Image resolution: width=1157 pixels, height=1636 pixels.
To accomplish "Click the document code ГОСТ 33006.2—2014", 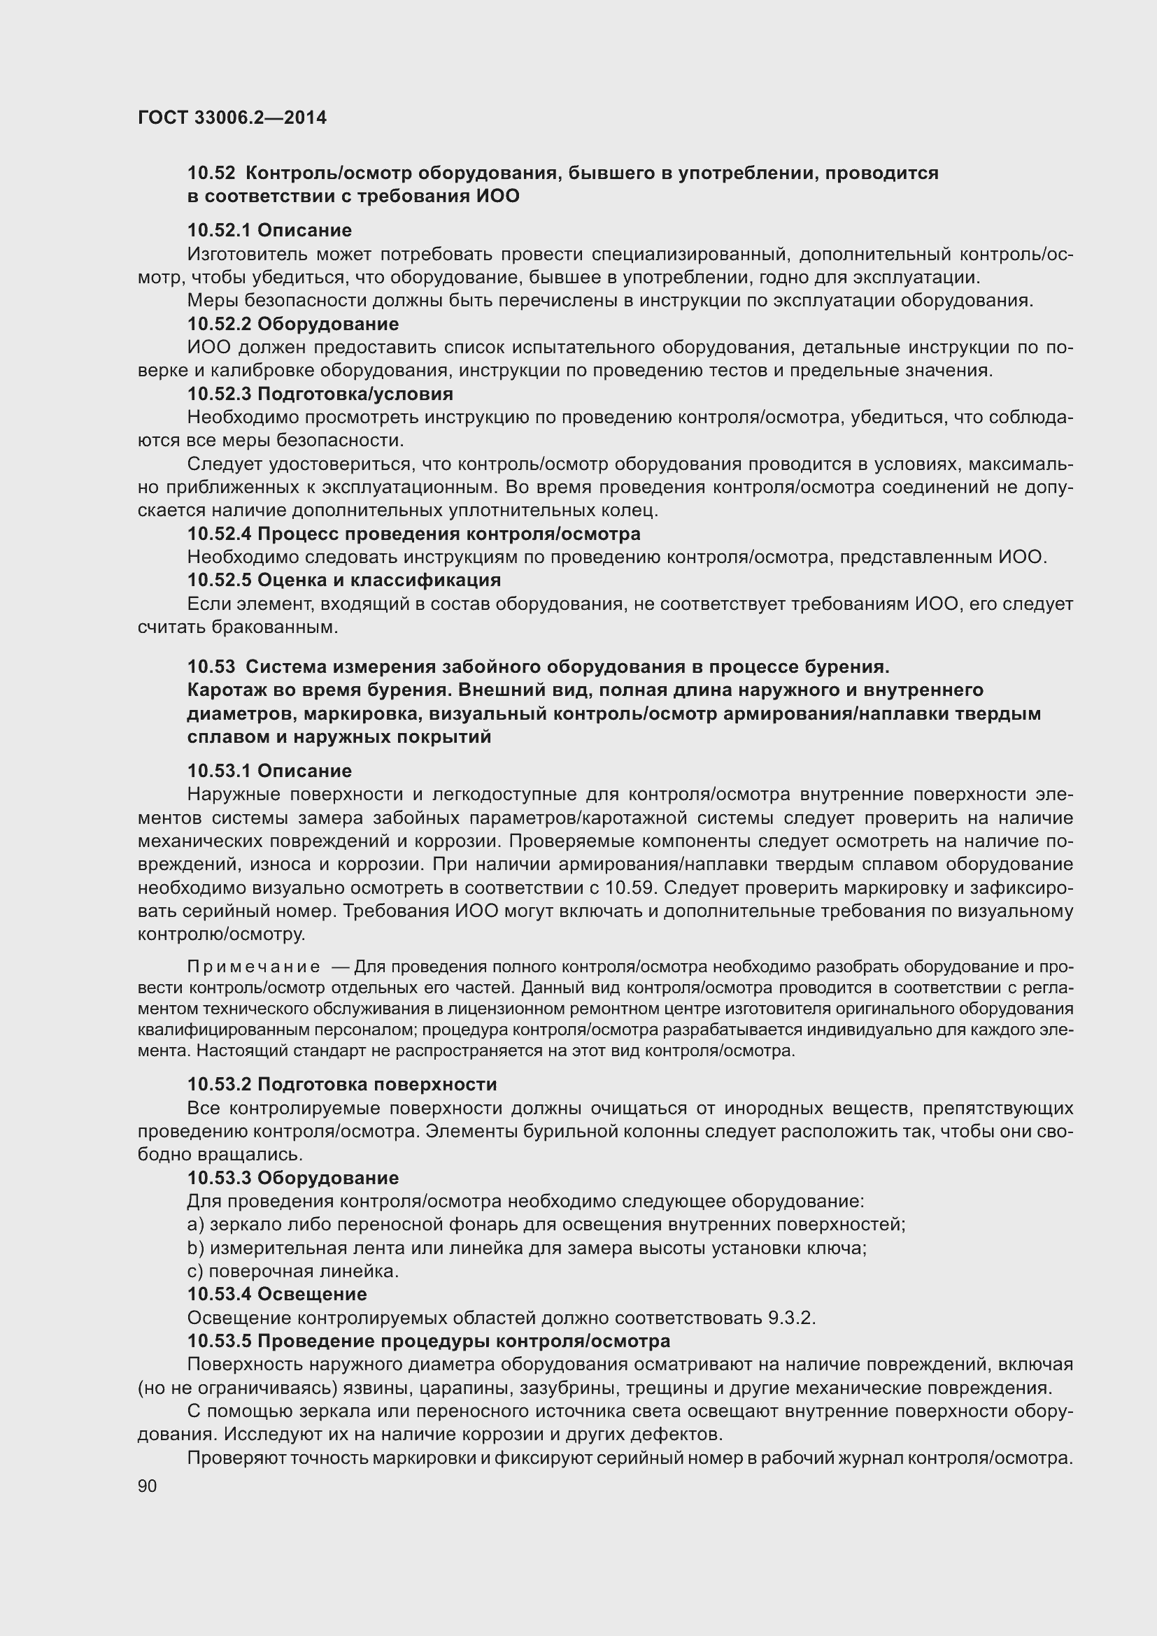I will [232, 118].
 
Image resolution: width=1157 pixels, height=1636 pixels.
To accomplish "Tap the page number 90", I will [148, 1486].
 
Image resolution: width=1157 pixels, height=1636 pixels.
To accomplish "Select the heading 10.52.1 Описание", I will [269, 230].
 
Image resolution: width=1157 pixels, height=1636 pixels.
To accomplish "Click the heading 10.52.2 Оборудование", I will [293, 325].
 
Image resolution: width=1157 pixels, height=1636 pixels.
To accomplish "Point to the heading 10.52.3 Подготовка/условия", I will [320, 394].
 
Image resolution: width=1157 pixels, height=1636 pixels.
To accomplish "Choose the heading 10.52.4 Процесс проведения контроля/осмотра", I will [413, 534].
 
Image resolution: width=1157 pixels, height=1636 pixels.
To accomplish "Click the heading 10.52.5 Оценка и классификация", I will [344, 580].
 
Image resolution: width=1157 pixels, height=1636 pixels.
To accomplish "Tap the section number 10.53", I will [211, 667].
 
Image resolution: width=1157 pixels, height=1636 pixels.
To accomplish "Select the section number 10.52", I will [211, 173].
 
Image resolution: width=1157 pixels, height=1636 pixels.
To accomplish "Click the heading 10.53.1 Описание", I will [269, 771].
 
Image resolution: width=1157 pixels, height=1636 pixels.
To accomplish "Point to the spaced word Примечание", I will [253, 967].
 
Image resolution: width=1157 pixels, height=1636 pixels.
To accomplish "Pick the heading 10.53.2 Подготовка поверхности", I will [342, 1085].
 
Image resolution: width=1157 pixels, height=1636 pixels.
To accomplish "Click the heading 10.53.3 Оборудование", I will [293, 1178].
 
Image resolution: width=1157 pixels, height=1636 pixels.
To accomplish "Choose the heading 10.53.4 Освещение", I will [277, 1294].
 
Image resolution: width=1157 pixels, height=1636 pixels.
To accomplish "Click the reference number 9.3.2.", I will [791, 1318].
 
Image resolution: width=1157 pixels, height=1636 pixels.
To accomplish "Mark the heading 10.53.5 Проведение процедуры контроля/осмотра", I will [428, 1341].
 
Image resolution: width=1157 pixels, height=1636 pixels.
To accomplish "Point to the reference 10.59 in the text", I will [626, 888].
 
